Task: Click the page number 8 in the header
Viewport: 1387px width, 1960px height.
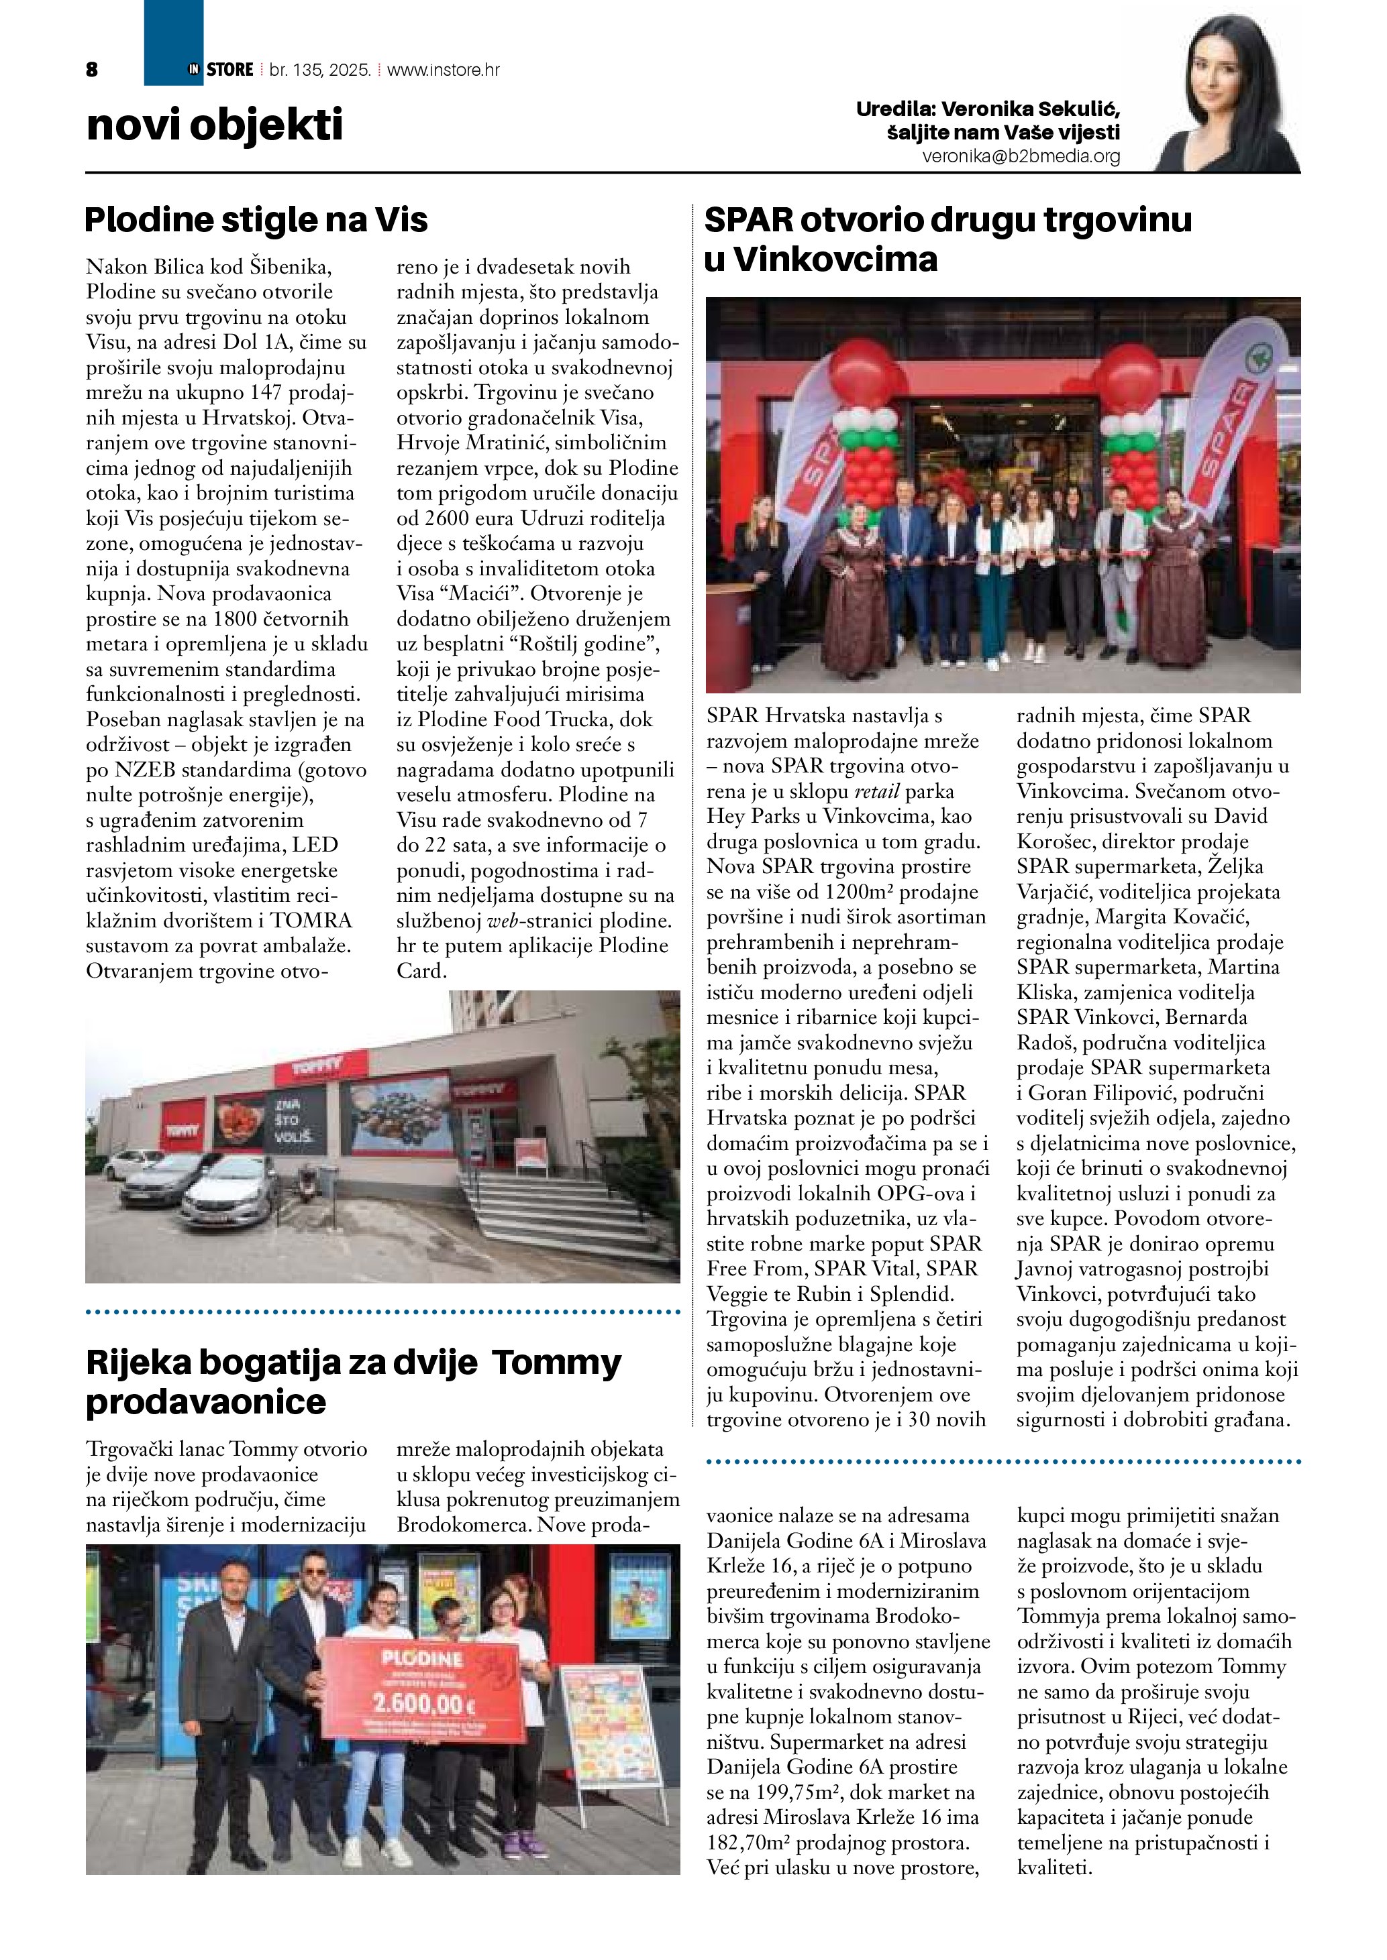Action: point(92,70)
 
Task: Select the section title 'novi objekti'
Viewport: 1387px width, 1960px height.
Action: point(214,125)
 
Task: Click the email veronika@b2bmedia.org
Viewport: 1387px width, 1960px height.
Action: point(1021,157)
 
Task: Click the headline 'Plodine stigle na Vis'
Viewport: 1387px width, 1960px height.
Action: point(256,220)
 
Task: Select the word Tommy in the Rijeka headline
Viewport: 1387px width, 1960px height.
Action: point(557,1363)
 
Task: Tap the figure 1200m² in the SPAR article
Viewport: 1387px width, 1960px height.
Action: point(864,892)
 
